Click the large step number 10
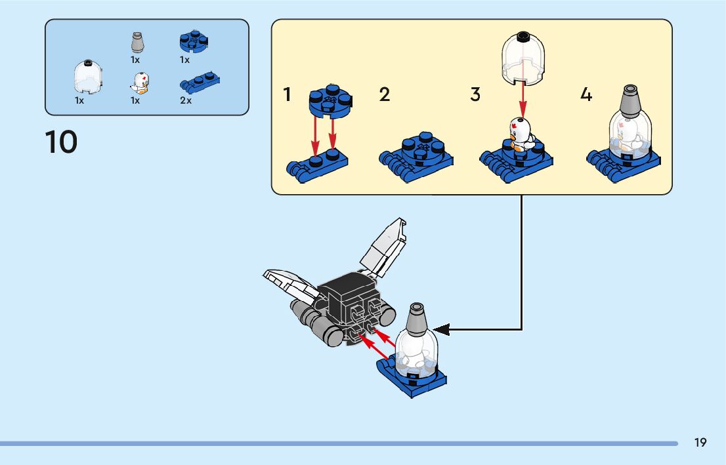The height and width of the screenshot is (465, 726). [x=61, y=142]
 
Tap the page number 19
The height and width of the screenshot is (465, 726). [x=700, y=443]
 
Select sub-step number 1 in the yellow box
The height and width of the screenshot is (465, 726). [x=287, y=94]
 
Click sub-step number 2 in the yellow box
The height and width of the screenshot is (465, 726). [x=385, y=94]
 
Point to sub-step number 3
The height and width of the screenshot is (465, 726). [x=475, y=94]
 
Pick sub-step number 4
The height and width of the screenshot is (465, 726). [x=586, y=94]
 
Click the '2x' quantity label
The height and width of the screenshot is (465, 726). [x=186, y=101]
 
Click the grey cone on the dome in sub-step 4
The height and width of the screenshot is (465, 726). [x=630, y=100]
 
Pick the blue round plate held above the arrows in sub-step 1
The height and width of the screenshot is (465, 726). [x=330, y=98]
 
